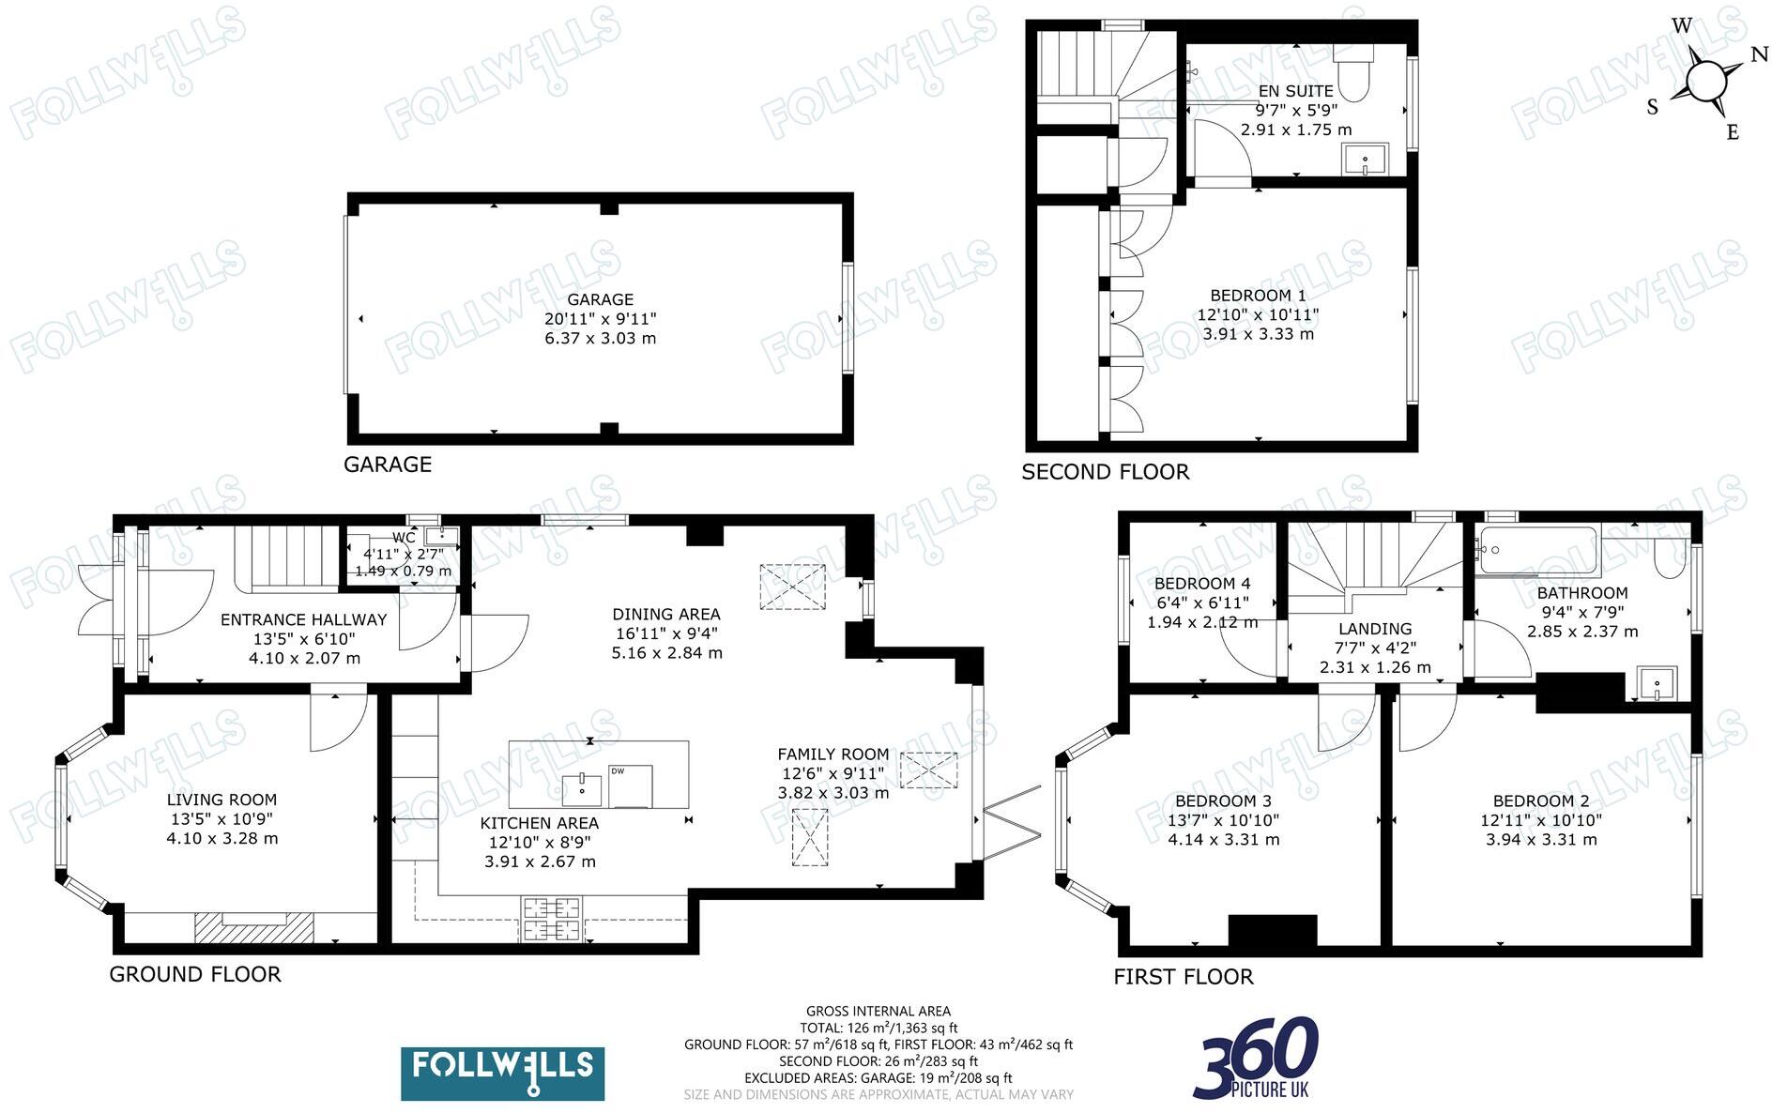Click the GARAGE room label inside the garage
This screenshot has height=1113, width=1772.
pyautogui.click(x=600, y=300)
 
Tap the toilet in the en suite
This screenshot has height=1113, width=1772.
pyautogui.click(x=1352, y=73)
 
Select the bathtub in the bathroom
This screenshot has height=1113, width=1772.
pyautogui.click(x=1536, y=549)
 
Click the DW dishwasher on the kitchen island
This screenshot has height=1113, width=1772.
pyautogui.click(x=630, y=786)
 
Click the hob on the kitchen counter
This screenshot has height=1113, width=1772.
pyautogui.click(x=552, y=919)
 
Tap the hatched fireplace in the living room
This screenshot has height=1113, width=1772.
pyautogui.click(x=253, y=927)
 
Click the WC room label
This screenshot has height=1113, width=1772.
pyautogui.click(x=404, y=538)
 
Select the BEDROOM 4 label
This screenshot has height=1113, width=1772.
pyautogui.click(x=1202, y=584)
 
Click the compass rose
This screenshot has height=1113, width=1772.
pyautogui.click(x=1705, y=81)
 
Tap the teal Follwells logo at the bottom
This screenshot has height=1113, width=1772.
pyautogui.click(x=503, y=1074)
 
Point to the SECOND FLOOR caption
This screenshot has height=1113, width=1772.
pyautogui.click(x=1105, y=472)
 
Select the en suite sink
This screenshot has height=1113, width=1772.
pyautogui.click(x=1365, y=160)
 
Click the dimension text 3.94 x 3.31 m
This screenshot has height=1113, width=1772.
pyautogui.click(x=1541, y=840)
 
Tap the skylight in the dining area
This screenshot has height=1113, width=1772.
pyautogui.click(x=792, y=587)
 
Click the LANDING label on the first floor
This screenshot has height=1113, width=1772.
pyautogui.click(x=1374, y=629)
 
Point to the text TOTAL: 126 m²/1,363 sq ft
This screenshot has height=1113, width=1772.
pyautogui.click(x=878, y=1028)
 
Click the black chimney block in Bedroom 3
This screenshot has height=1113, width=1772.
pyautogui.click(x=1273, y=930)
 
